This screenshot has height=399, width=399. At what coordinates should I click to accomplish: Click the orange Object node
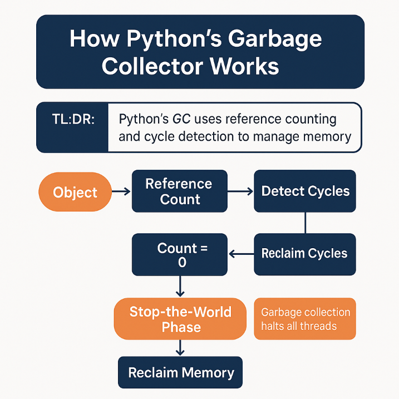pos(75,193)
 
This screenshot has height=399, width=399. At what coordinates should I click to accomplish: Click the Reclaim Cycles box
pos(305,254)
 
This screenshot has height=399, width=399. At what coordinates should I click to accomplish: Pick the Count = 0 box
pos(179,255)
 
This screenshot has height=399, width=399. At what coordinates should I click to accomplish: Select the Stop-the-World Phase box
pos(180,319)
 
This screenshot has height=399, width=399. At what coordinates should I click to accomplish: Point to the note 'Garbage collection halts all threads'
pos(305,319)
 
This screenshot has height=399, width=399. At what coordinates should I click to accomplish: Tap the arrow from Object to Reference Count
pos(121,192)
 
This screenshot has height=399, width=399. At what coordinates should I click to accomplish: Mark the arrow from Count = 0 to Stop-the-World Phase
pos(180,287)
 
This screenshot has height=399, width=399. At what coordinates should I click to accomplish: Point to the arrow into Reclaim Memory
pos(180,348)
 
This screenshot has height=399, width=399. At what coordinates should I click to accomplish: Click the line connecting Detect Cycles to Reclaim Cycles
pos(305,223)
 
